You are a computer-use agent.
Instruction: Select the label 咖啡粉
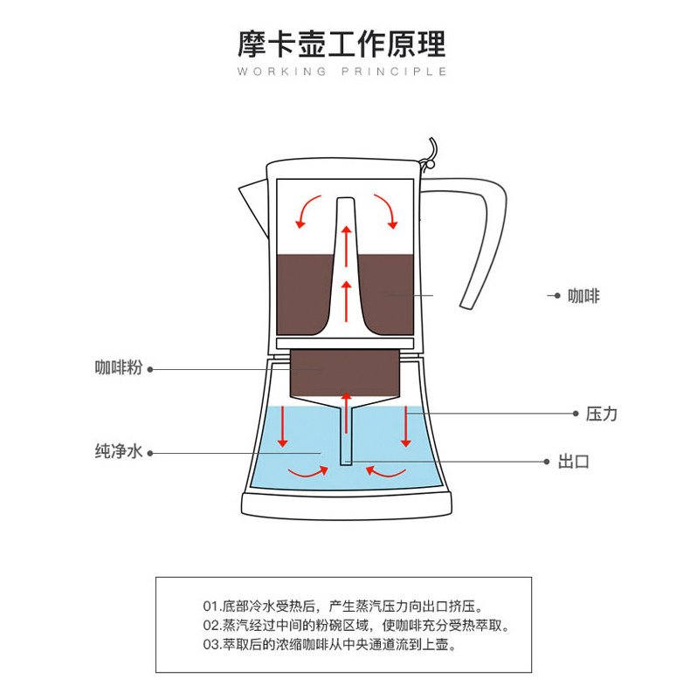point(118,368)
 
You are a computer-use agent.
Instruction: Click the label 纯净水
point(118,452)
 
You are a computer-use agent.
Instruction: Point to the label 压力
point(602,413)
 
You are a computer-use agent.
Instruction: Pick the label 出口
point(574,462)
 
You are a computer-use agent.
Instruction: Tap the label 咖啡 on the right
point(583,297)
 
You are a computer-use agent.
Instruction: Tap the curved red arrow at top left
point(307,210)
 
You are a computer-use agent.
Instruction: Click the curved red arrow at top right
point(385,210)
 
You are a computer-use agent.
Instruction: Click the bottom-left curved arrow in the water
point(311,472)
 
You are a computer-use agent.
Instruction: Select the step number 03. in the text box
point(211,647)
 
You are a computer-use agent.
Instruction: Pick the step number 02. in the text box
point(211,626)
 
